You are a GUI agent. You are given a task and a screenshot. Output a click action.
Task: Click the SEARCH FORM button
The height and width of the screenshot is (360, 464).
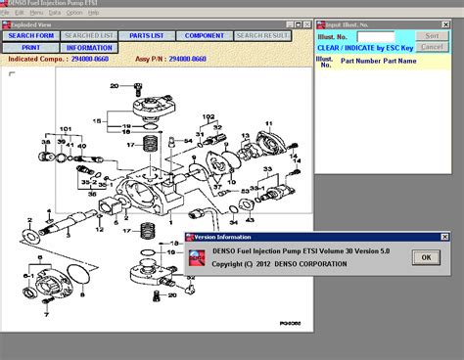30,35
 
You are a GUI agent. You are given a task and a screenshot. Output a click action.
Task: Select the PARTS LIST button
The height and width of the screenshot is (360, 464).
146,35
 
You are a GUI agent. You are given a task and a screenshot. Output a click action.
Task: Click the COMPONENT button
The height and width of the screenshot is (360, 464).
205,35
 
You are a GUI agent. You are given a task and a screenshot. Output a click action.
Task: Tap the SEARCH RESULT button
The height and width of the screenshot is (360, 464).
262,35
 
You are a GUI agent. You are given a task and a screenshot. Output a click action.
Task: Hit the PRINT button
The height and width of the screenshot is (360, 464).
30,47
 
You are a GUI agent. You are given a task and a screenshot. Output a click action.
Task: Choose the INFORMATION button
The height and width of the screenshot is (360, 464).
89,47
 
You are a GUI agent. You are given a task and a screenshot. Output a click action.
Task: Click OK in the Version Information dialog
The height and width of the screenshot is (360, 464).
425,257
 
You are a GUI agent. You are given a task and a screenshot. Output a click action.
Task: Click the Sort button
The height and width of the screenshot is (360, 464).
431,35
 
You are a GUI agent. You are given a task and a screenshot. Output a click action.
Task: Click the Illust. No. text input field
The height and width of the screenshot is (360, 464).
376,36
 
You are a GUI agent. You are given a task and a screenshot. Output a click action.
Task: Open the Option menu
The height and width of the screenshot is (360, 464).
75,13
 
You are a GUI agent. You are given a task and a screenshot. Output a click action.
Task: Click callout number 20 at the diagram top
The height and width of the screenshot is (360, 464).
115,86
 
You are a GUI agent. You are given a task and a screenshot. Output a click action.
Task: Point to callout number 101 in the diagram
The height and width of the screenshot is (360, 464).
66,129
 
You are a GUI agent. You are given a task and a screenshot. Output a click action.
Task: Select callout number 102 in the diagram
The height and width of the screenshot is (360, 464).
208,117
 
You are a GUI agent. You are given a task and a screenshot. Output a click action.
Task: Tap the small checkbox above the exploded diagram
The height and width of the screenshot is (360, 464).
12,74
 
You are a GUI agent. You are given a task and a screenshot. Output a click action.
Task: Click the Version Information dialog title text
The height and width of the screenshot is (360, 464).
222,237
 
